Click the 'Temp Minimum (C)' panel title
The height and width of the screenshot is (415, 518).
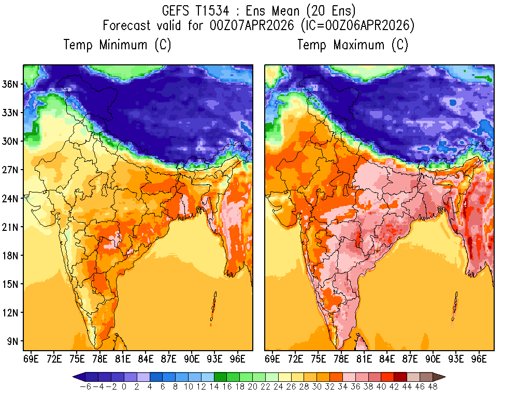117,45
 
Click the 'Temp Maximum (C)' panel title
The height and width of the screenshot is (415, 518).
353,45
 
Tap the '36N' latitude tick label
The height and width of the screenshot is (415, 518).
11,84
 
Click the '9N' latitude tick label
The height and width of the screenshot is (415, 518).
13,341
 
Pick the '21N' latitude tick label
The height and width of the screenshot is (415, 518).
11,227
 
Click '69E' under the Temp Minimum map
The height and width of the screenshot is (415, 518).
31,358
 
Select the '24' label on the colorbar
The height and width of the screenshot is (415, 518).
278,387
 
